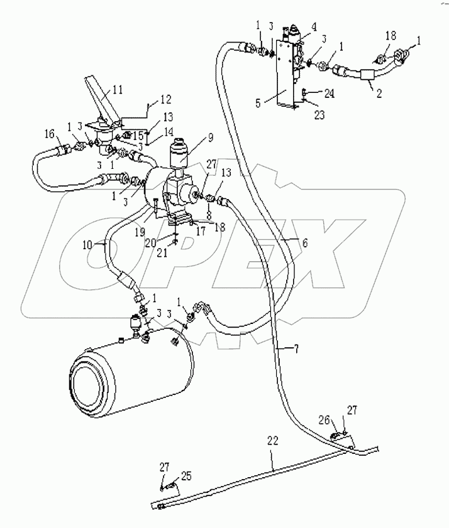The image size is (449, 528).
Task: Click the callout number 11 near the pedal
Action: click(117, 90)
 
